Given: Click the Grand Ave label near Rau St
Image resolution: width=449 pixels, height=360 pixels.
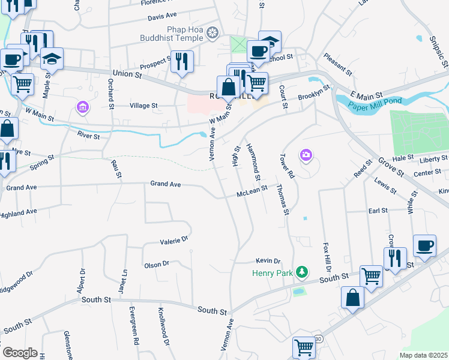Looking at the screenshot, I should pos(165,183).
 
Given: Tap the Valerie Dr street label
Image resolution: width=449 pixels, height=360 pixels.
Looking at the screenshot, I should pos(174,241).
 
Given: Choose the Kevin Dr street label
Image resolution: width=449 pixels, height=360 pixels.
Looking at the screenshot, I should pos(268,261).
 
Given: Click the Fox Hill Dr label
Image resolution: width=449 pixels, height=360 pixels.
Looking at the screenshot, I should pos(327,256).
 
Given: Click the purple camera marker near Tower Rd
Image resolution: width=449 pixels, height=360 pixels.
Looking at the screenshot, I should pos(306,156).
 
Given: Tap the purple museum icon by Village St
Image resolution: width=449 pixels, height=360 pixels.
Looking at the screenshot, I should pos(82,107).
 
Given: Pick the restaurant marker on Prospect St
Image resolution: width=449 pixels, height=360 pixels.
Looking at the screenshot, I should pos(182,60).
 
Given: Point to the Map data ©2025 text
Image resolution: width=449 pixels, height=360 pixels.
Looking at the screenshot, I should pos(423,355).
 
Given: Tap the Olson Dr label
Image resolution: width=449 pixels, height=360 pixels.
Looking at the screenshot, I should pos(157,264).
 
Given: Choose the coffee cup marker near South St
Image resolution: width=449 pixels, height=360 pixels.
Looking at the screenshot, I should pos(424,245).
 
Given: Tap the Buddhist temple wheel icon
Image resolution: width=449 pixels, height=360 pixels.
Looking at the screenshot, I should pos(212,32).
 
